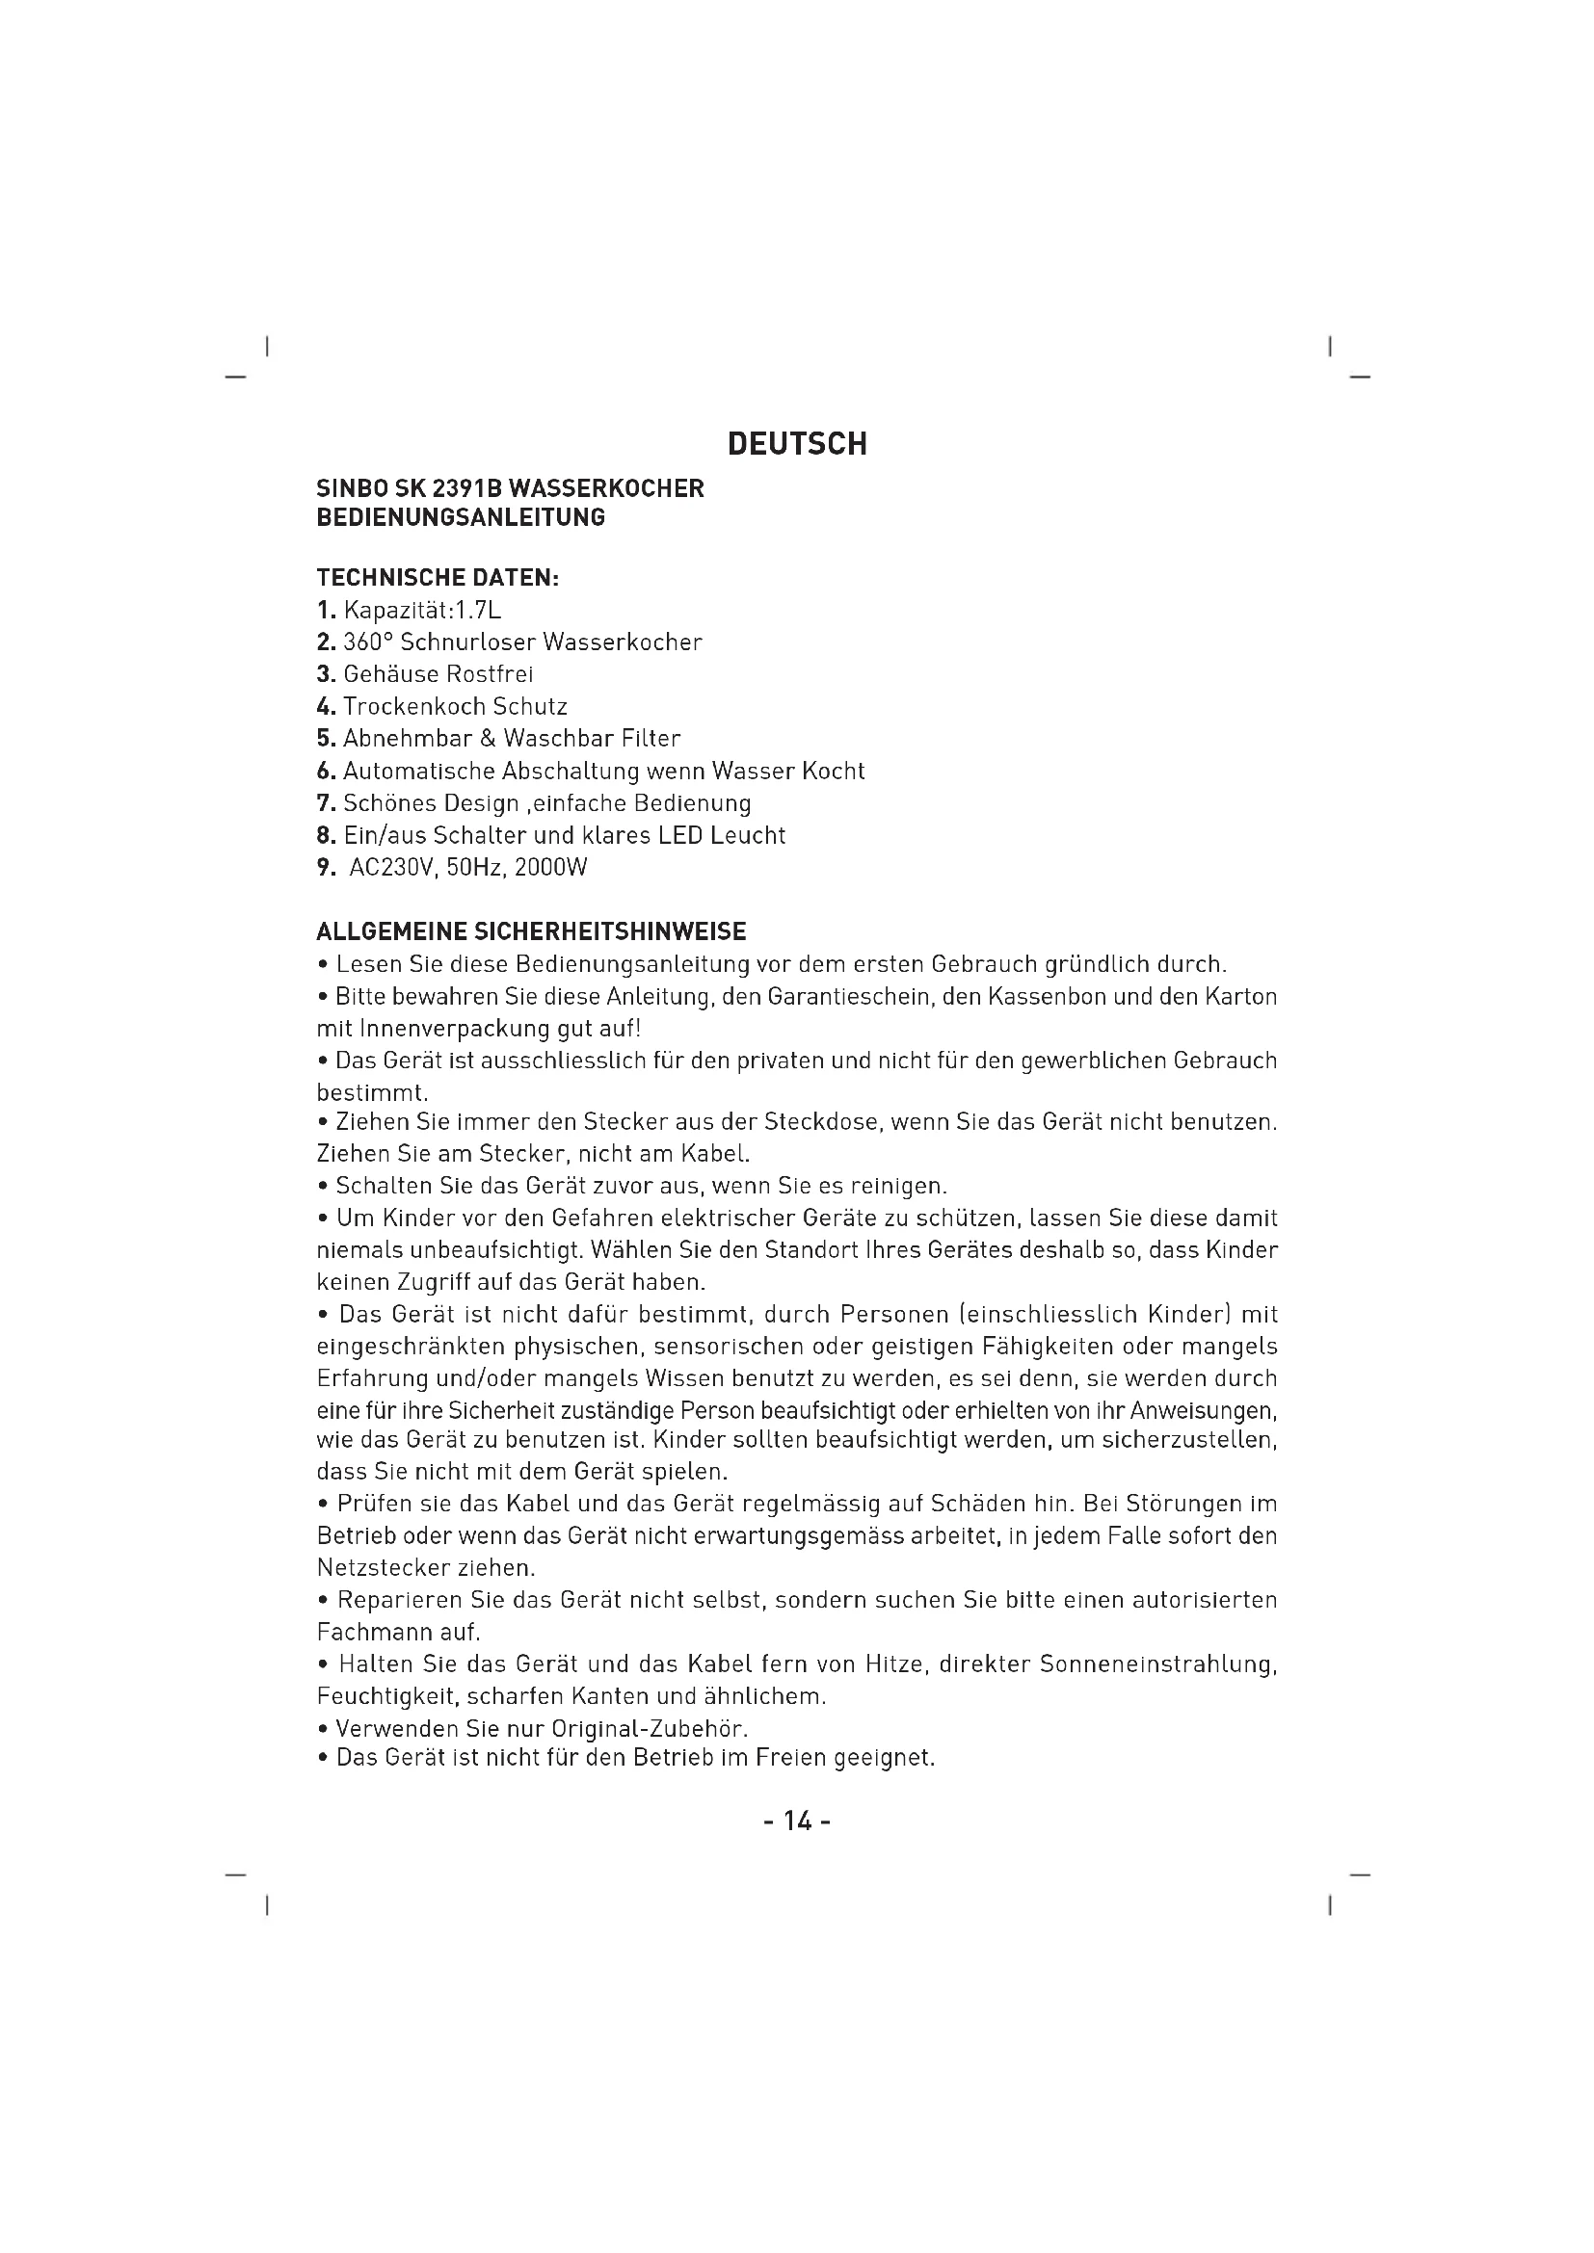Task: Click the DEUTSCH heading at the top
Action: point(797,444)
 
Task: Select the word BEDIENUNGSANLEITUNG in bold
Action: point(461,518)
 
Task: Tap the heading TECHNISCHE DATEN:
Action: point(438,578)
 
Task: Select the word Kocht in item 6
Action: point(833,772)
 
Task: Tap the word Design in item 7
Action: point(481,803)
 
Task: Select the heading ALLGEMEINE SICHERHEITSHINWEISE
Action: point(531,931)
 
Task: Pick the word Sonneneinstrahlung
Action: point(1158,1665)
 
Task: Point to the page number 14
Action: point(797,1822)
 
